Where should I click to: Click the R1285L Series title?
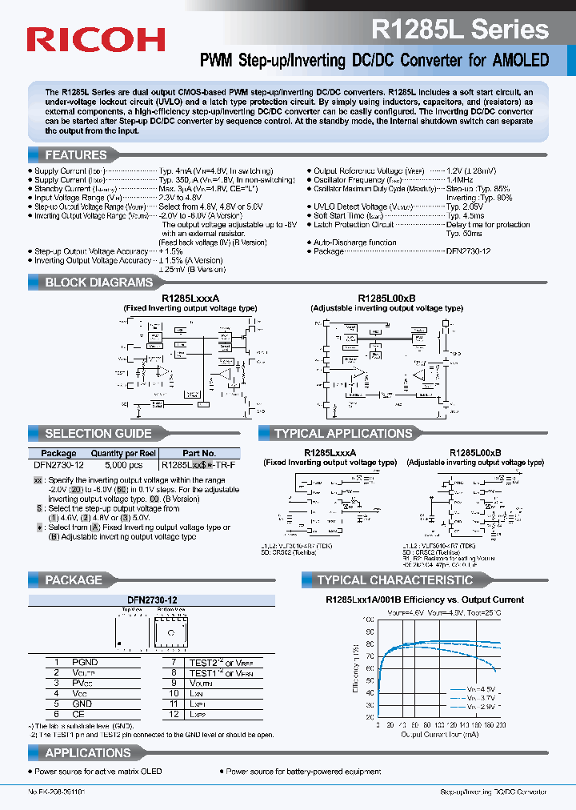(x=459, y=29)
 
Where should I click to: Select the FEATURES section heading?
(x=76, y=154)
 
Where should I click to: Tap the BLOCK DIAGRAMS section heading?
(x=98, y=282)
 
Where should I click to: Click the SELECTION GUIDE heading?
(x=98, y=433)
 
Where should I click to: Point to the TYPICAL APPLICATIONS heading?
(x=342, y=433)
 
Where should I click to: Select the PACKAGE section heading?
(x=74, y=579)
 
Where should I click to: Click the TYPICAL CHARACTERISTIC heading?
(x=394, y=579)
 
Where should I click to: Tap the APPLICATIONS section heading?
(x=88, y=752)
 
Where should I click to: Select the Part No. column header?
(x=199, y=453)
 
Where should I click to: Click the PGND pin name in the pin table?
(x=85, y=662)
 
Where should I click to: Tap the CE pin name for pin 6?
(x=78, y=714)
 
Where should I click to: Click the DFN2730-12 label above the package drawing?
(x=152, y=599)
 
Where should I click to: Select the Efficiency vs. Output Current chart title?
(x=424, y=599)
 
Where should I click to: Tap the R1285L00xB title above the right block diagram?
(x=386, y=297)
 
